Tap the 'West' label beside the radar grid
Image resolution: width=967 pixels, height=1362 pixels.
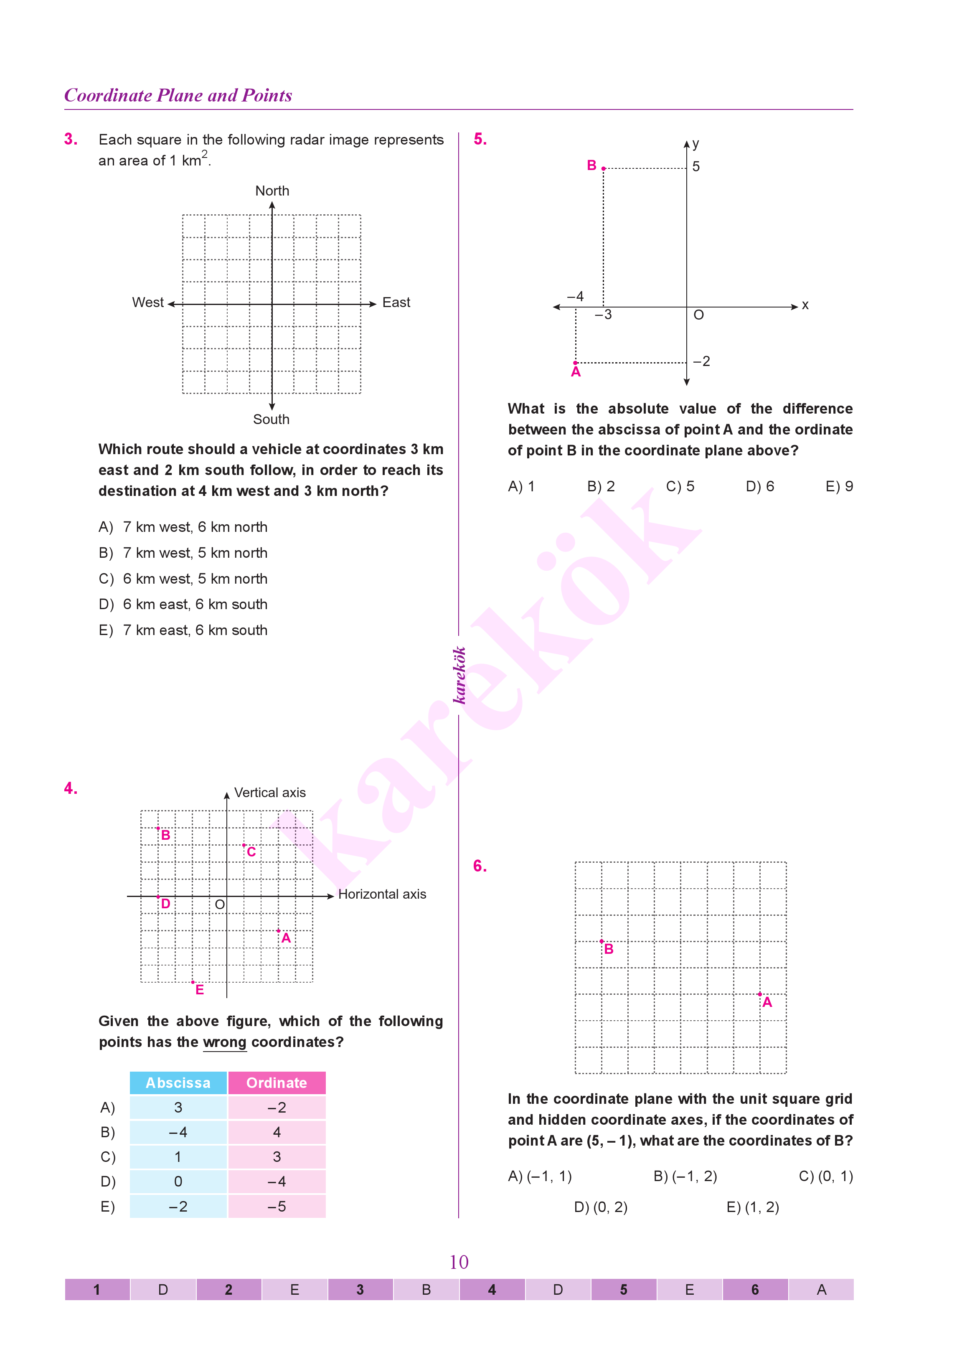pos(148,302)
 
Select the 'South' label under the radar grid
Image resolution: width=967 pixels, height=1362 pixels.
pos(272,419)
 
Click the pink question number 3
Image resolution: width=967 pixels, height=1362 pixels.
pos(71,140)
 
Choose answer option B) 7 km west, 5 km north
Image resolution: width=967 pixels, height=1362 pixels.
pos(183,553)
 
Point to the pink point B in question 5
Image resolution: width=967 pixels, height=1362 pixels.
pos(603,168)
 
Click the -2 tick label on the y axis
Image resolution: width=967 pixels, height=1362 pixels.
pos(701,361)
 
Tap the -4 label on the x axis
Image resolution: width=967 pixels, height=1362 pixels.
pos(575,297)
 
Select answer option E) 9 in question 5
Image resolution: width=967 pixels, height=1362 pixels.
pos(839,487)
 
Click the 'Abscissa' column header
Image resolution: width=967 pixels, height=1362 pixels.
pos(178,1082)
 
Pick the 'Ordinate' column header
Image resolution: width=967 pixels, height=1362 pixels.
pos(277,1082)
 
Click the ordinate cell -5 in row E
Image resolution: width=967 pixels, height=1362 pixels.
pos(277,1207)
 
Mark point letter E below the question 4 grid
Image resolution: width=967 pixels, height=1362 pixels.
pos(200,990)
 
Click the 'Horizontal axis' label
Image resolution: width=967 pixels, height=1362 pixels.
pos(382,894)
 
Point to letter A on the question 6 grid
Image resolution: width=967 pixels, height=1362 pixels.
pos(767,1002)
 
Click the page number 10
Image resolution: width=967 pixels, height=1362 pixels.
pos(459,1262)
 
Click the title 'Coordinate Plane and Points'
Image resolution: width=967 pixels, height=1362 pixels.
pos(178,95)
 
